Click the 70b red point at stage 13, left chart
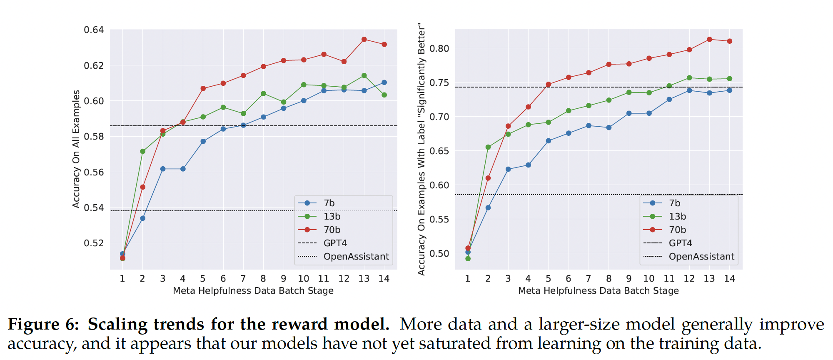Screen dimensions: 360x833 tap(364, 40)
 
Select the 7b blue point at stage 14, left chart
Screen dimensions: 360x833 tap(384, 82)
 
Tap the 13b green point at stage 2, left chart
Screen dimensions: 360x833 tap(143, 151)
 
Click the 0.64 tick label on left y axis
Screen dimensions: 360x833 tap(94, 30)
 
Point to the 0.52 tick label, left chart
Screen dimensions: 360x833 tap(94, 243)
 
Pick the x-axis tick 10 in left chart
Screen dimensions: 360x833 tap(304, 279)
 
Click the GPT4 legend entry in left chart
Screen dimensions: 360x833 tap(335, 243)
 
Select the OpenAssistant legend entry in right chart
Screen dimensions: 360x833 tap(701, 257)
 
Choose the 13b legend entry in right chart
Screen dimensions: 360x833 tap(677, 217)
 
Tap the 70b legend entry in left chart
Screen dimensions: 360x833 tap(332, 230)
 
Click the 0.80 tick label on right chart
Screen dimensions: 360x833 tap(439, 49)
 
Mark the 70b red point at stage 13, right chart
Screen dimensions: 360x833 tap(709, 40)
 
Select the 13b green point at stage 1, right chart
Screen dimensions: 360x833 tap(468, 259)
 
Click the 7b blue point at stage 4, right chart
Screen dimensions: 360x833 tap(528, 165)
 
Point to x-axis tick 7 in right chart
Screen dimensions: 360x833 tap(589, 279)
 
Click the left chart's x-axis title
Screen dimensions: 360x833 tap(253, 291)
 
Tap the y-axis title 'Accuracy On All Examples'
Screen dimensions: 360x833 tap(76, 149)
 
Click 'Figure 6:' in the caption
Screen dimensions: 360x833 tap(43, 325)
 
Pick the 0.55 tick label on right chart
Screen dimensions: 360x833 tap(439, 220)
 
